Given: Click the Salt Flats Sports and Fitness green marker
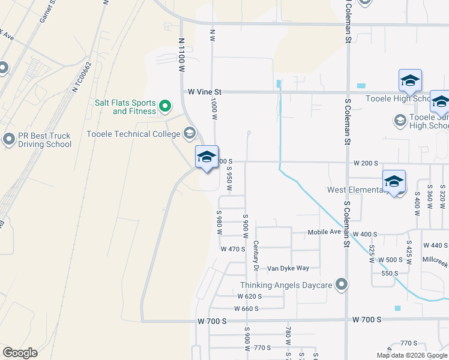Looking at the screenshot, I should coord(164,107).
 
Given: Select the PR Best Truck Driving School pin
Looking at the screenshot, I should coord(8,140).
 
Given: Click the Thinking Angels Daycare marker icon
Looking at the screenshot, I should coord(342,285).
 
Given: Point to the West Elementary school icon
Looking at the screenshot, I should coord(394,182).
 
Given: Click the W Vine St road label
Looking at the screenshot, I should coord(205,92).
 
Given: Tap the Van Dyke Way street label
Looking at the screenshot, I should coord(288,268).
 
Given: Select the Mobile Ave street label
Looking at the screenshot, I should coord(324,233).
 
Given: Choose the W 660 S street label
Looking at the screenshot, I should coord(247,309).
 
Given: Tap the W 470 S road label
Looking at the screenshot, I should coord(233,249).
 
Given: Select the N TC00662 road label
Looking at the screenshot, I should coord(82,77).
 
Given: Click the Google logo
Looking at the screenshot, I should coord(20,352).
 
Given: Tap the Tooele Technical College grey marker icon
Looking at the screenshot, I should coord(190,133).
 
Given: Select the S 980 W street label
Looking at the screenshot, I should coord(219,220).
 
